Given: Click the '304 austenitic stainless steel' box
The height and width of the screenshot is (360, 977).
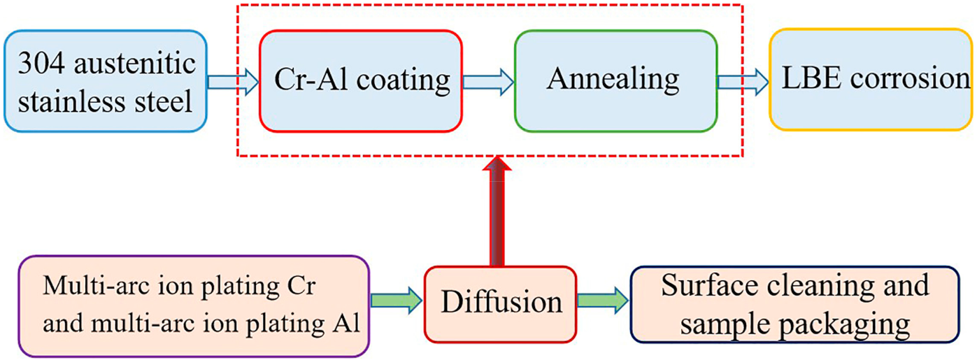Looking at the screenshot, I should tap(106, 80).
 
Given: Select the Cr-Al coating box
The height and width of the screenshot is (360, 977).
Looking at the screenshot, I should tap(361, 80).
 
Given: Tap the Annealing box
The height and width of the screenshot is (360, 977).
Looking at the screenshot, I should tap(615, 80).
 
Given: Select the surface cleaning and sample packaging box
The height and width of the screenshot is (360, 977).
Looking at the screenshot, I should tap(794, 304).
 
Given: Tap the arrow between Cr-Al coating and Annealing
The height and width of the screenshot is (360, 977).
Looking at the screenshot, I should tap(487, 82).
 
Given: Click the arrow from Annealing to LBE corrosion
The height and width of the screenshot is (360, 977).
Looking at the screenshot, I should tap(743, 82).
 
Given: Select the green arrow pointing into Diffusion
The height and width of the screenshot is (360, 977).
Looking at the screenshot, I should tap(395, 301).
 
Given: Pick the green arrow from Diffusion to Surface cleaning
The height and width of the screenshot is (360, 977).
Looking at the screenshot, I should tap(602, 301).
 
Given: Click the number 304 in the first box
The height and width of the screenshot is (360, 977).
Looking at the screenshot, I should tap(41, 65).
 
